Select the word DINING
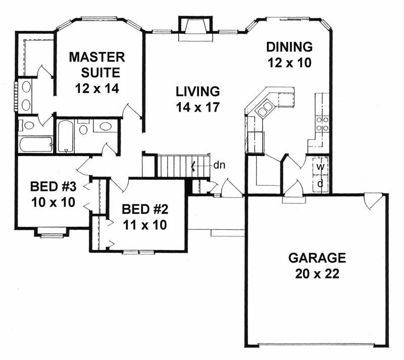289,47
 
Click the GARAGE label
317,258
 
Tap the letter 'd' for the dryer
320,183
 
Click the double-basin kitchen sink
265,109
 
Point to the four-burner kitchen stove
322,124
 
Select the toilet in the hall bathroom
83,129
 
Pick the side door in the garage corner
373,201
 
